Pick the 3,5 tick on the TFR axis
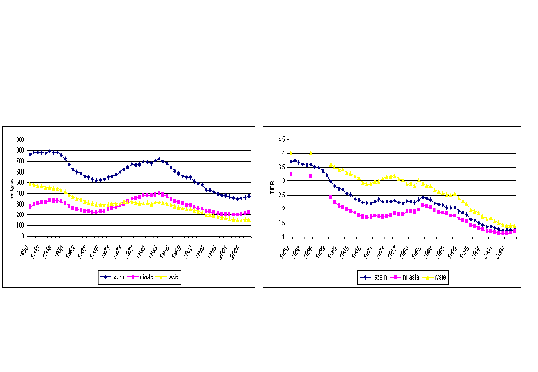coord(280,167)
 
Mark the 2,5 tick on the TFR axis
coord(280,195)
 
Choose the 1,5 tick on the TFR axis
coord(280,223)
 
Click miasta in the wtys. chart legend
coord(146,277)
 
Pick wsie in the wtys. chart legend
coord(173,277)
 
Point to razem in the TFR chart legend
coord(379,277)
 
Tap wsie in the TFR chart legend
coord(440,277)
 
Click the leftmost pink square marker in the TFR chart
coord(291,174)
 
